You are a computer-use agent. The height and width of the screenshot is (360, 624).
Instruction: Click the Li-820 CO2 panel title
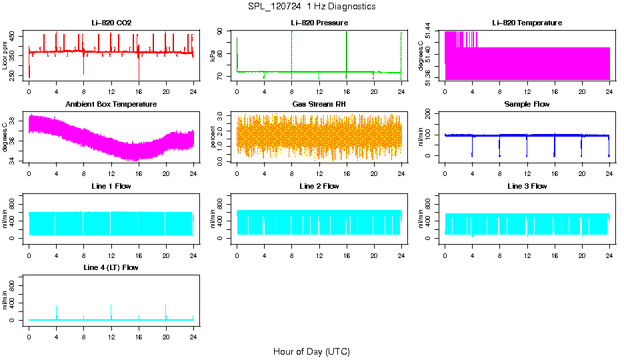(111, 23)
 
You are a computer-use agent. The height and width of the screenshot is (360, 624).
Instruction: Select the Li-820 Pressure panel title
(319, 23)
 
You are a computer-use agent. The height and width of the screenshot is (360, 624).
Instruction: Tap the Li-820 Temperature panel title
(527, 23)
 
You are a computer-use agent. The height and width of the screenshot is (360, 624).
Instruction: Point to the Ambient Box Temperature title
(111, 105)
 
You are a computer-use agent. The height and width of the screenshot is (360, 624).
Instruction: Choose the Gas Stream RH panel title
(319, 105)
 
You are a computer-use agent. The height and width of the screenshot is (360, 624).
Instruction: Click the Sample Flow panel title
(527, 105)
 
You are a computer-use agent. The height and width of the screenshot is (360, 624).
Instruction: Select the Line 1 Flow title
(111, 186)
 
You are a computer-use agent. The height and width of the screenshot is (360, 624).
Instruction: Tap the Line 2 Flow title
(319, 186)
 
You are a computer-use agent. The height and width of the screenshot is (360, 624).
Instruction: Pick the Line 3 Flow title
(527, 186)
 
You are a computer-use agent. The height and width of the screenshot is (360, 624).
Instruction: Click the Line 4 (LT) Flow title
(111, 267)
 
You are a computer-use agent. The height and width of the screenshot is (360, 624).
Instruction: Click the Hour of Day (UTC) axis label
(311, 351)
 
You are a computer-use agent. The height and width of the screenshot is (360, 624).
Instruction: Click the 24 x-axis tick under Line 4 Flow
(193, 331)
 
